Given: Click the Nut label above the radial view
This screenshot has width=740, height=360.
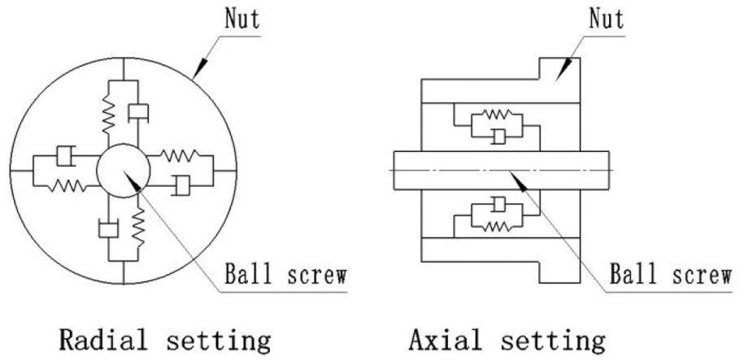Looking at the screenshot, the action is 242,20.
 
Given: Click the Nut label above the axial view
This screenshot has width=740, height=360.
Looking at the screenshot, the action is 607,20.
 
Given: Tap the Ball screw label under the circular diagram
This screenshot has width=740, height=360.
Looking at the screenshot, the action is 286,275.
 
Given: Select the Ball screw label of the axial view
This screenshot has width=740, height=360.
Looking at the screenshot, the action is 671,274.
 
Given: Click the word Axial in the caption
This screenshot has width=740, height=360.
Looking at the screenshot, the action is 445,340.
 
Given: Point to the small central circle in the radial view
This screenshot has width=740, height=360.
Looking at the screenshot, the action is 123,171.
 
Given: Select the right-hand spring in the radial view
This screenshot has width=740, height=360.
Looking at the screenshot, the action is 181,154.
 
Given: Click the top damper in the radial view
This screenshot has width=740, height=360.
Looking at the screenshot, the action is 138,112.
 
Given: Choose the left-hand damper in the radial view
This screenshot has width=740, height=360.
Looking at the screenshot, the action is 66,156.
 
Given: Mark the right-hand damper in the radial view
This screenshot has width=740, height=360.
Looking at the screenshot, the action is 181,185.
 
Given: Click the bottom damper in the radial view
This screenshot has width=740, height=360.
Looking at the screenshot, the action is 108,229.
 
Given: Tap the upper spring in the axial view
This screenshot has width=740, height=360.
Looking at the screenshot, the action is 496,114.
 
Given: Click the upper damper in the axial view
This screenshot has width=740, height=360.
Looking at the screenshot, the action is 498,137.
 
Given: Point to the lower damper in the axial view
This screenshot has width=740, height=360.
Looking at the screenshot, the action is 498,205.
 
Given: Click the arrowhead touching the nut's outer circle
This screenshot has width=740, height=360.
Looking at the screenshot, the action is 200,67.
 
